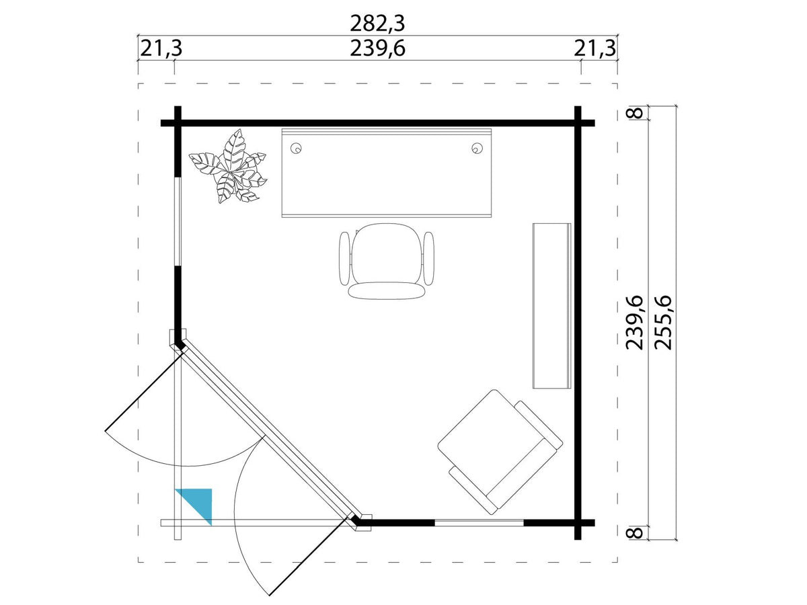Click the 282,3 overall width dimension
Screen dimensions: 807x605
377,24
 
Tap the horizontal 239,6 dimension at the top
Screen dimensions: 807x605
377,48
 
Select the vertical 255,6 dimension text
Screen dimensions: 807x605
663,323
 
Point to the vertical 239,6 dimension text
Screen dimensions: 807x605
635,323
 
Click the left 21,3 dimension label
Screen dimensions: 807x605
161,48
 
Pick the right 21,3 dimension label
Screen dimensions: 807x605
595,48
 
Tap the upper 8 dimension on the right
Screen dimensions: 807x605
635,113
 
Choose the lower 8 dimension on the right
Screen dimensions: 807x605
635,532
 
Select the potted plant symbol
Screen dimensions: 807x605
229,167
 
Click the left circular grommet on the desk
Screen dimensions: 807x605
296,149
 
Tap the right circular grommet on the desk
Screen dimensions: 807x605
477,149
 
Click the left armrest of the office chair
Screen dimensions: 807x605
344,259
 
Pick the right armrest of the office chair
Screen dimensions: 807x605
428,259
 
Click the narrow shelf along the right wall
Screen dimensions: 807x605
552,306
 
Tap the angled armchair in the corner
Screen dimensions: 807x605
500,452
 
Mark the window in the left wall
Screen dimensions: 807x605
178,222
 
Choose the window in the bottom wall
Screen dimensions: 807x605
479,523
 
